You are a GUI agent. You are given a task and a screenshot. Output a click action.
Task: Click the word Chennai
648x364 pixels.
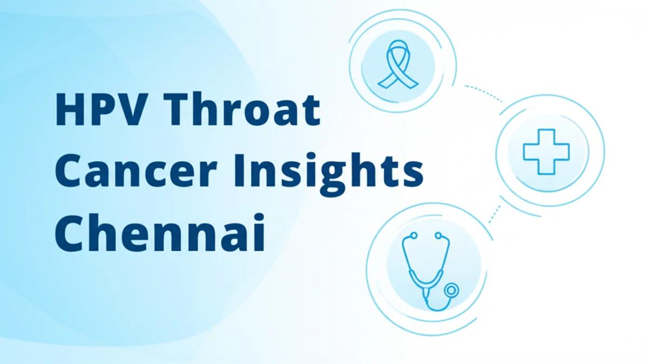tap(160, 232)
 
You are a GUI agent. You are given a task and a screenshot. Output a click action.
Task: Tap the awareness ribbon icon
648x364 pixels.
tap(397, 61)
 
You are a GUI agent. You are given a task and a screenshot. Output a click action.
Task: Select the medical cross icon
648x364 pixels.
tap(546, 152)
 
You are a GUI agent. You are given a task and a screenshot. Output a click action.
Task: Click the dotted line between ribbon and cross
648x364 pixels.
tap(483, 92)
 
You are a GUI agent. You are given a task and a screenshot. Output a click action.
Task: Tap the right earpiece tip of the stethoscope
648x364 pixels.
tap(438, 235)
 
